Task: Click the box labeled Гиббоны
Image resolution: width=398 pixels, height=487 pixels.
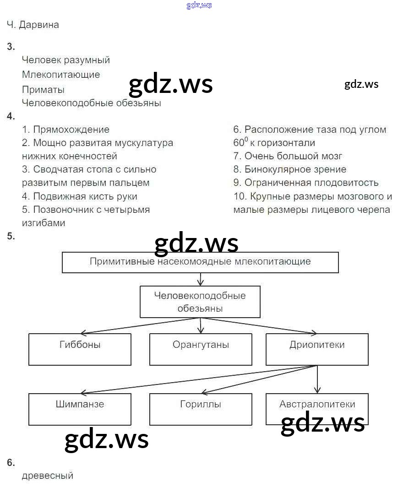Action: click(80, 349)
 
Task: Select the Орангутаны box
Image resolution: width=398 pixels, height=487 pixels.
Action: click(201, 349)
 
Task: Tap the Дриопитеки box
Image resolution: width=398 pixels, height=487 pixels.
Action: click(317, 349)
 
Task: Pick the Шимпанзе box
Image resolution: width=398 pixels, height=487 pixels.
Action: click(80, 409)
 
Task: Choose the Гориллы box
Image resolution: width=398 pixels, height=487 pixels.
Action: click(201, 409)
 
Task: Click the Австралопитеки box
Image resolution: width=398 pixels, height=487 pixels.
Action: click(317, 405)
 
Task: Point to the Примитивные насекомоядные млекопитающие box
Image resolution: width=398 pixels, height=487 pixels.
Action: click(200, 262)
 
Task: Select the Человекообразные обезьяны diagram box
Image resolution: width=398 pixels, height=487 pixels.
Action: click(200, 302)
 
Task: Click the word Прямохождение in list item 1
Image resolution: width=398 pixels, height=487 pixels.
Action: click(71, 130)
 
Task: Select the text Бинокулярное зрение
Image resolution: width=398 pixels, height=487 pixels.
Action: click(295, 169)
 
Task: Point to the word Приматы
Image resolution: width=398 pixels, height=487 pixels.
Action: click(43, 90)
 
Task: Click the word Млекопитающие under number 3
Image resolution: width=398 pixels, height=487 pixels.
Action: click(61, 74)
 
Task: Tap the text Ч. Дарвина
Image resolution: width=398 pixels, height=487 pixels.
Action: click(33, 25)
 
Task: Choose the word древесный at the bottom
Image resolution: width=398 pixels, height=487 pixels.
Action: click(48, 476)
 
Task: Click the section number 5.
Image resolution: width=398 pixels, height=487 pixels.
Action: click(11, 237)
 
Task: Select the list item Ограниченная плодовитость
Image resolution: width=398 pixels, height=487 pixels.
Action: click(311, 183)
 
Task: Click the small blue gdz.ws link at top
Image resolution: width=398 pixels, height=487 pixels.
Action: click(199, 5)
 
